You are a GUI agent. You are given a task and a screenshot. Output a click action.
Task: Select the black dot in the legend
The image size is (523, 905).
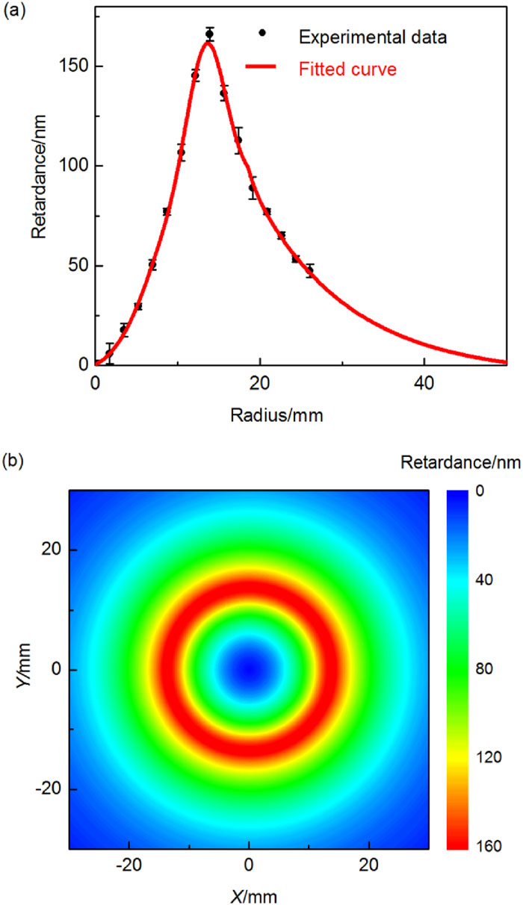[261, 33]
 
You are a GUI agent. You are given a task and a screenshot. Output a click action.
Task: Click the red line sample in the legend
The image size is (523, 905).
[261, 68]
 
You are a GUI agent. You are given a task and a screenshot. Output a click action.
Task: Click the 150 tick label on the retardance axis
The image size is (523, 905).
[74, 66]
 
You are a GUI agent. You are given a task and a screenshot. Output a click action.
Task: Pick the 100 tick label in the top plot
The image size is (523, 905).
[74, 166]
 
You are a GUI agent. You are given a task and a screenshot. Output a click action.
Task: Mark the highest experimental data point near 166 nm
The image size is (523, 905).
[210, 34]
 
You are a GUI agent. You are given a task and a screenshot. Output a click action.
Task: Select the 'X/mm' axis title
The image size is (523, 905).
[249, 892]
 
